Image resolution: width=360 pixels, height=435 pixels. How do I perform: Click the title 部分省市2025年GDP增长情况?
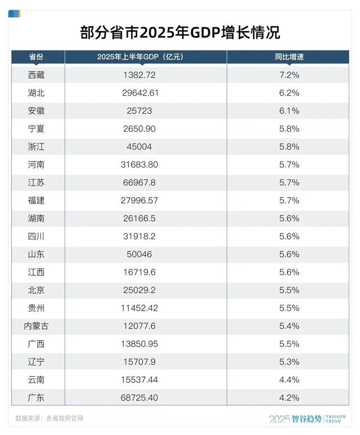click(180, 32)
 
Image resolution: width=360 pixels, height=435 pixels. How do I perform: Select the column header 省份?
click(37, 57)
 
